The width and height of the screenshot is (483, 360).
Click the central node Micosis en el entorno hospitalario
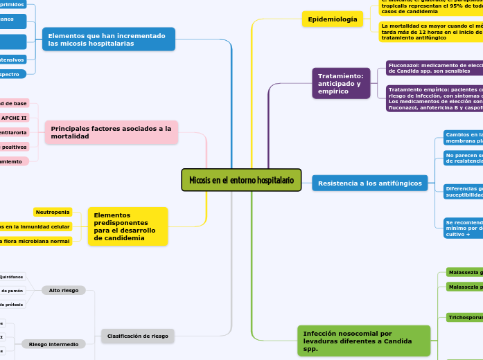pos(241,180)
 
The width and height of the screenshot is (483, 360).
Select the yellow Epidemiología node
pos(333,19)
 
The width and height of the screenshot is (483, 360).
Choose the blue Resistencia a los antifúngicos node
pos(371,183)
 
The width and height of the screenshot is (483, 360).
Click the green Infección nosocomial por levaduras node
pos(363,341)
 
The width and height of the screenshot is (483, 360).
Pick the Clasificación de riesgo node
pos(137,336)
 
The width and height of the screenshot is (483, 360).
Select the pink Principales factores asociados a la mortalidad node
pos(112,132)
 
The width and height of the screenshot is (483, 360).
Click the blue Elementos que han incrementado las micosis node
pos(108,39)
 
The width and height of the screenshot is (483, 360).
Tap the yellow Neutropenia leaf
pos(53,212)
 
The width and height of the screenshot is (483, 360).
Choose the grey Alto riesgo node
pos(64,290)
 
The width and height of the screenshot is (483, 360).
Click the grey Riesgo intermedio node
pos(54,343)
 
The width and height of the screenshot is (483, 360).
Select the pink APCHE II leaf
pos(14,118)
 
